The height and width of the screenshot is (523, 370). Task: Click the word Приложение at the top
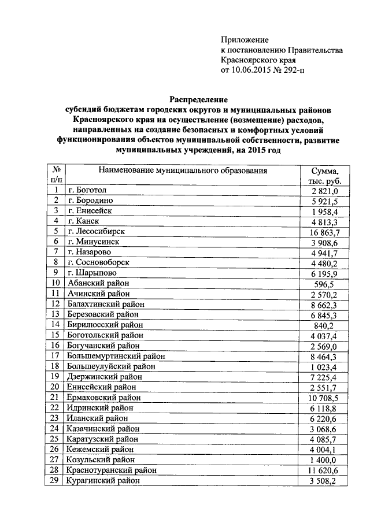tap(245, 40)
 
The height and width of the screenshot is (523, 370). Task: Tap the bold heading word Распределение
tap(198, 99)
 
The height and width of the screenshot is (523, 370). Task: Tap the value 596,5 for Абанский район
tap(327, 283)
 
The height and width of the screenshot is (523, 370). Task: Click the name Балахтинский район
tap(106, 304)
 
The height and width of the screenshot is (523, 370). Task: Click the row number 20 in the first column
tap(56, 387)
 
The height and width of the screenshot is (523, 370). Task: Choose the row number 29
tap(56, 481)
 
